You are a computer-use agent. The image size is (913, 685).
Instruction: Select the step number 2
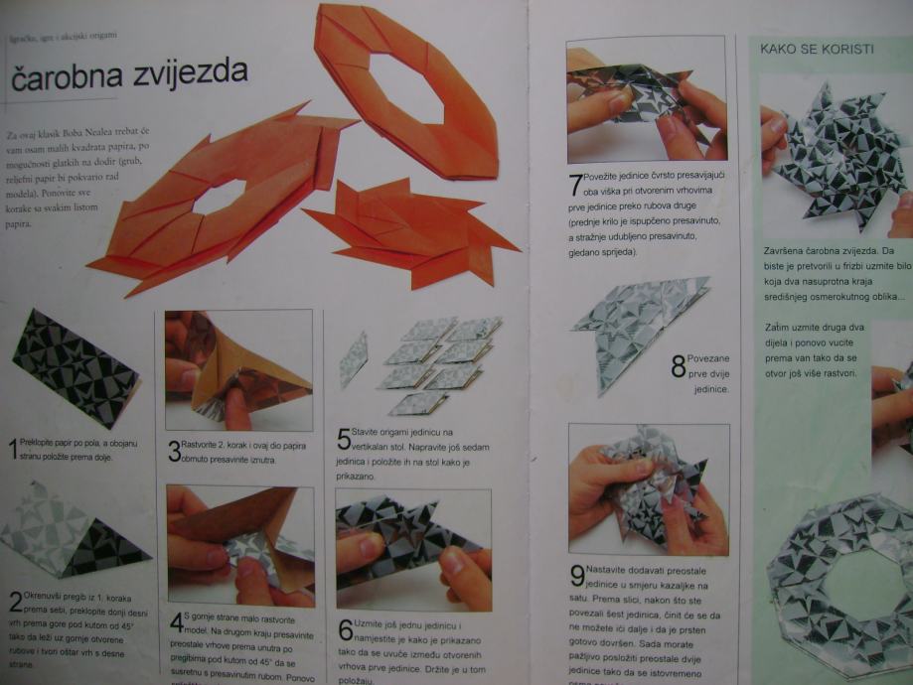16,602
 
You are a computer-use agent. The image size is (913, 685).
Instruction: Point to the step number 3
174,452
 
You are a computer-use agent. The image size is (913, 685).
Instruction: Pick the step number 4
176,622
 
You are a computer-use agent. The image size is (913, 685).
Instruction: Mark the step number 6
345,629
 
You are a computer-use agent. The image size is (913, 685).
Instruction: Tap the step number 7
575,185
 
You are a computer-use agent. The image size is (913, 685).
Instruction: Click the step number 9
576,575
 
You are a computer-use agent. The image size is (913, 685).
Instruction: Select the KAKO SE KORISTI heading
817,48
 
